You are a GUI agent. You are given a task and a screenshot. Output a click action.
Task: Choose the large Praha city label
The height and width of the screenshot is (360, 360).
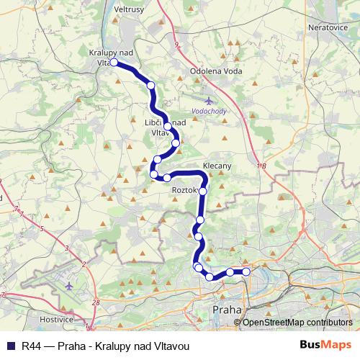tap(227, 310)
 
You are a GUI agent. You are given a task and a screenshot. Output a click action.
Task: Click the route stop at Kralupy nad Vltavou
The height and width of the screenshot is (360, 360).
tap(114, 63)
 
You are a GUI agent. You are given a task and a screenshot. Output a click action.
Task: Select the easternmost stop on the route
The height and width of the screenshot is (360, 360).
tap(246, 271)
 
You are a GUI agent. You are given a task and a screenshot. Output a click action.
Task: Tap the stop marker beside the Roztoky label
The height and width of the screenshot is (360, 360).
tap(203, 191)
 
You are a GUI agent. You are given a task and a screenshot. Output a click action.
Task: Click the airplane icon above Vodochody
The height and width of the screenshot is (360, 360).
tap(209, 101)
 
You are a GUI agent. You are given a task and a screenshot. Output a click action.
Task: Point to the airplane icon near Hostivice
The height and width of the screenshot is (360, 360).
tap(69, 287)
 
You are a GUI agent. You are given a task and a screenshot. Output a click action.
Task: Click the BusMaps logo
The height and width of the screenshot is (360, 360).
tap(326, 345)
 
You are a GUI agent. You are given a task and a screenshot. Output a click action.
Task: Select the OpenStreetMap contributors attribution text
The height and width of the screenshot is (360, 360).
tap(297, 323)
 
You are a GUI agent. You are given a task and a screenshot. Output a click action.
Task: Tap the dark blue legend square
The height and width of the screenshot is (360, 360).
tap(11, 346)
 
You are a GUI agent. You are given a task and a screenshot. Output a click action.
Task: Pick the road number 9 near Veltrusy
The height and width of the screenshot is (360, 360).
tap(176, 45)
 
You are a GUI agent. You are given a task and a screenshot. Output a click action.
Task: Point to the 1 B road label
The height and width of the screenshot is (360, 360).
tap(261, 166)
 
